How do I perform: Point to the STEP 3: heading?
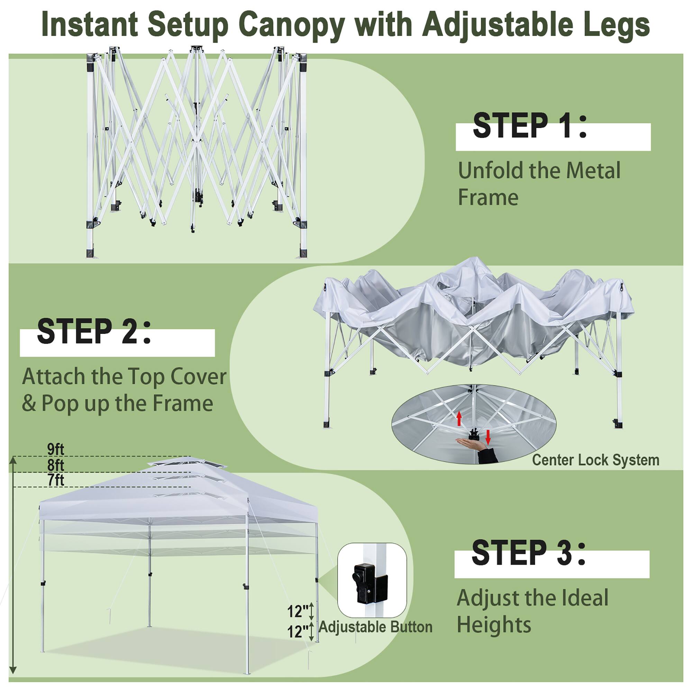point(528,553)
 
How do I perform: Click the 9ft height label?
point(55,449)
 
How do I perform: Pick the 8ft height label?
point(55,465)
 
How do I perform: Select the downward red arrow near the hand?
point(488,437)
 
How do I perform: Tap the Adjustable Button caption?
point(375,627)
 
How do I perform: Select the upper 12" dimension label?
point(298,611)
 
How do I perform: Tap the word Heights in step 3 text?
point(494,625)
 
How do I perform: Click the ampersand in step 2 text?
point(29,404)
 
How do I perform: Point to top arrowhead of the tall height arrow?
point(13,460)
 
